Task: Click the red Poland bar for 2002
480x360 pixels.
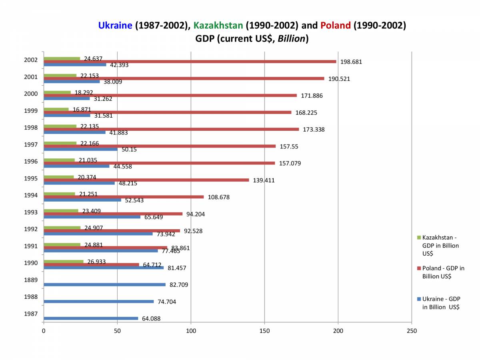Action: pos(190,62)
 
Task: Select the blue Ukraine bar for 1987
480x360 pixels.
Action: pos(91,318)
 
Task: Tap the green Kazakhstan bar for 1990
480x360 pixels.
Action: pos(64,262)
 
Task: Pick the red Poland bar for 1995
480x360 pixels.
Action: pos(146,180)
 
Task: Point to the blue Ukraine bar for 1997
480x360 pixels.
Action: pos(80,149)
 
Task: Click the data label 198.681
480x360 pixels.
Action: pos(351,62)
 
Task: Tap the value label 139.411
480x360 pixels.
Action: pos(264,180)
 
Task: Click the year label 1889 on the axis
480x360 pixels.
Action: pos(31,280)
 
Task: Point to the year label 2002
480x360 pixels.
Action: pos(31,60)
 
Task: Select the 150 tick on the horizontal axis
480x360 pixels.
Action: pos(264,331)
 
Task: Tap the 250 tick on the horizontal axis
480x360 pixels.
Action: pos(412,331)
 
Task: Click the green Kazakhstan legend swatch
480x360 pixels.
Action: pos(419,237)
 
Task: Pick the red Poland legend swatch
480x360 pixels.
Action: pos(419,268)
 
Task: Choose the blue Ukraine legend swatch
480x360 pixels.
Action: pos(419,299)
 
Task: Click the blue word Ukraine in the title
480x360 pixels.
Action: pos(115,26)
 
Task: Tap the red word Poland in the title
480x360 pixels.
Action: pos(335,26)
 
